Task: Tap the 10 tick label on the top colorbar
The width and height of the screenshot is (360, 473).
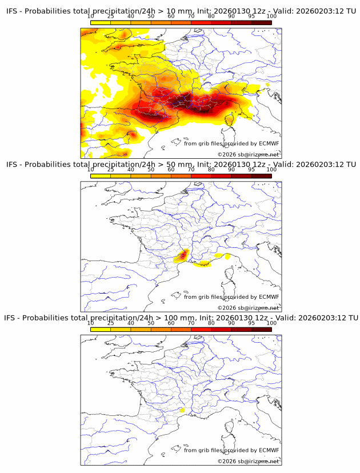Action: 91,16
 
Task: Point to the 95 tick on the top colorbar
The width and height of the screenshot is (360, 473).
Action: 251,16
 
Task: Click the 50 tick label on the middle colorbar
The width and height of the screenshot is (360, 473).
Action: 151,170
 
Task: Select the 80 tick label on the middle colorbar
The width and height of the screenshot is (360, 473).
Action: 211,170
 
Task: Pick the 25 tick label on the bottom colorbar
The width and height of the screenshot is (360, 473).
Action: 111,323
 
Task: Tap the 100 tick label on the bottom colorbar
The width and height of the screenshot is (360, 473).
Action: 271,323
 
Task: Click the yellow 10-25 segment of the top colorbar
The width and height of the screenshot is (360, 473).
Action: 101,22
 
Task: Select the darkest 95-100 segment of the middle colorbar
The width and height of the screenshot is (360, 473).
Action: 261,176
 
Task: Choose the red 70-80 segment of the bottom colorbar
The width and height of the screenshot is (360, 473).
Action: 201,329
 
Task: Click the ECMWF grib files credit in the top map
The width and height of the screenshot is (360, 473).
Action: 231,143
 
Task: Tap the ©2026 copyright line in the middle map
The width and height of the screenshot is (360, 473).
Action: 248,308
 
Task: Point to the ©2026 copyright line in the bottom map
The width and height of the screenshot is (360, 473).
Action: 248,461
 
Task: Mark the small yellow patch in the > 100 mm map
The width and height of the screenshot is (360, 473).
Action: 182,410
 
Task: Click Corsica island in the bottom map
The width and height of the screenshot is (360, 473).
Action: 230,432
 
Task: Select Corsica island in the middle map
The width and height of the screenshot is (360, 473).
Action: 230,279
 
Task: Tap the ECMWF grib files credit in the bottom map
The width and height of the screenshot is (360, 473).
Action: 231,450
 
